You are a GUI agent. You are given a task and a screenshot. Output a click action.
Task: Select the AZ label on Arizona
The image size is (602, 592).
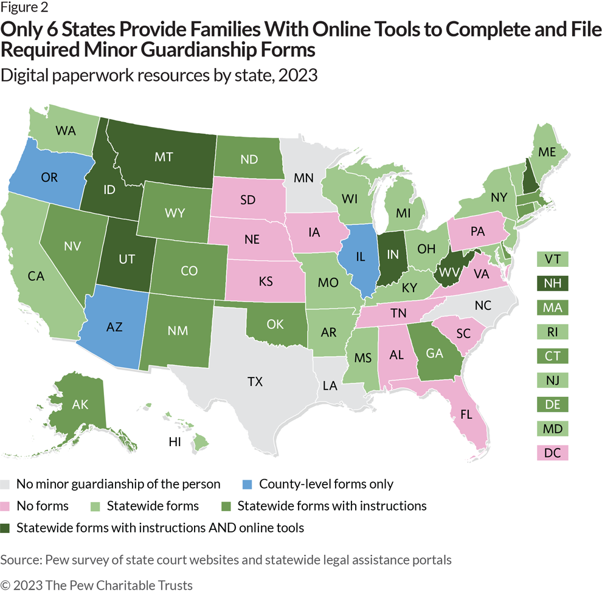[x=114, y=326]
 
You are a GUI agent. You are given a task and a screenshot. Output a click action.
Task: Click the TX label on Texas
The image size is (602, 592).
[x=255, y=382]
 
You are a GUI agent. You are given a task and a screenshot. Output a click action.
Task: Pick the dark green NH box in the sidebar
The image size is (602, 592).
[x=553, y=283]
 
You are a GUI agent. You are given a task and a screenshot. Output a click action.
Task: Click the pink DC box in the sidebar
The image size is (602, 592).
[x=553, y=453]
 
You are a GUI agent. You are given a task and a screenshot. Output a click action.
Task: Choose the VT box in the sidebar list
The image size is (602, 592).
[x=553, y=259]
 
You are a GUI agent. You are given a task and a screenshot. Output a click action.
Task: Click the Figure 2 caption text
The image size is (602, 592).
[x=25, y=7]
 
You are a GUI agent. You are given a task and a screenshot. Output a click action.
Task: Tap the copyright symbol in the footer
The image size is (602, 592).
[x=5, y=585]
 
